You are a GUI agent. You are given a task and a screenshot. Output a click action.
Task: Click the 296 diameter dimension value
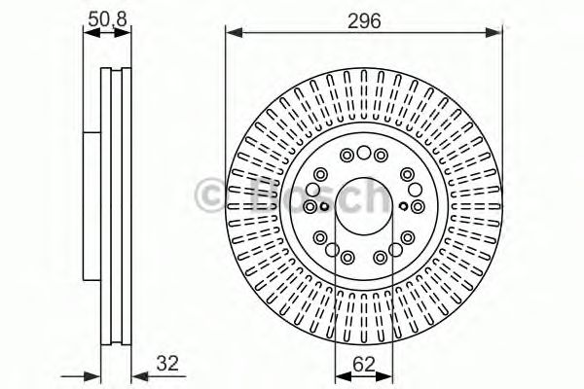[364, 17]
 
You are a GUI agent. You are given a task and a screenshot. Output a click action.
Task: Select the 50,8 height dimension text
[107, 17]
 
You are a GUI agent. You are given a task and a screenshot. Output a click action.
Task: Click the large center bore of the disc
[363, 206]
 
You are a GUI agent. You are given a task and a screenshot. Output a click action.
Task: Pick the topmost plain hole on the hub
[363, 153]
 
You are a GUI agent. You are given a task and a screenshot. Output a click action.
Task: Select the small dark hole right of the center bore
[402, 205]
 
